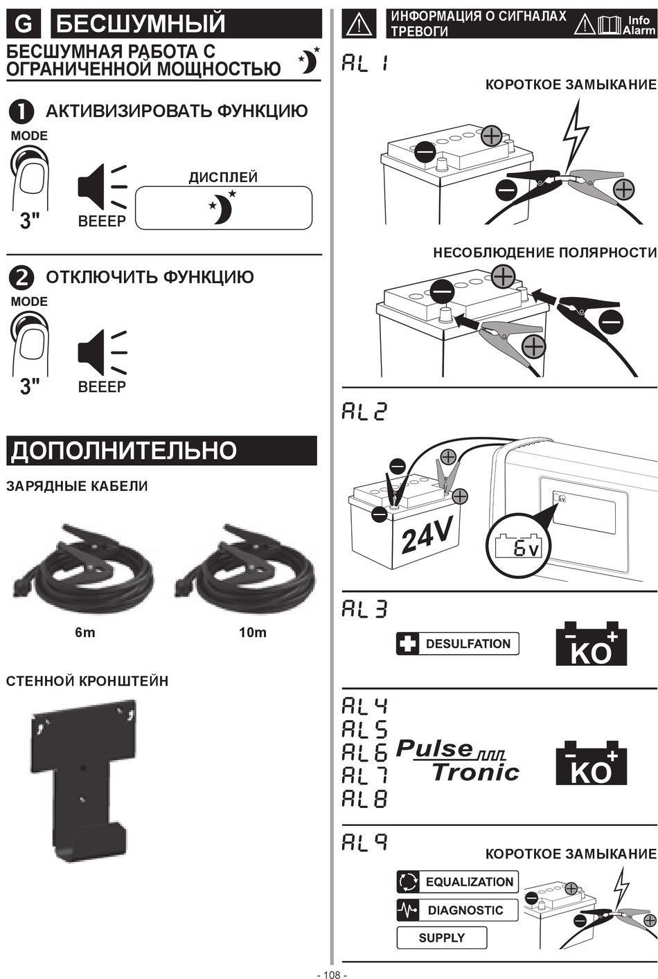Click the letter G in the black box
(23, 24)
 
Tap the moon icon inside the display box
(223, 207)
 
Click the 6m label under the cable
(85, 632)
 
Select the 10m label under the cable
(253, 632)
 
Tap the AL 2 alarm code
(364, 412)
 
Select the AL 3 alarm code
(364, 609)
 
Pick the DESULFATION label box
(457, 644)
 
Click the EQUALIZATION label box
(457, 882)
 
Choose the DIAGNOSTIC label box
(457, 910)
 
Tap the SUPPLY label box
(442, 938)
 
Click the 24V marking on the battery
(426, 534)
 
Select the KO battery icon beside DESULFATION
(591, 643)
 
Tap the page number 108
(332, 974)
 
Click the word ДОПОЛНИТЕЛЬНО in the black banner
(124, 451)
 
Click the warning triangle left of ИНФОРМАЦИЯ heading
(359, 24)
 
